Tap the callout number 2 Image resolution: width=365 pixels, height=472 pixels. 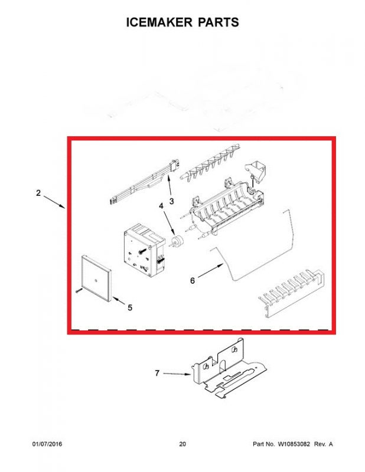click(x=38, y=194)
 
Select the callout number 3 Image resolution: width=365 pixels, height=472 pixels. click(x=171, y=201)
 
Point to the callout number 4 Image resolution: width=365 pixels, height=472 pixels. click(x=161, y=206)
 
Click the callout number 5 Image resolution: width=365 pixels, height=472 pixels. click(x=130, y=307)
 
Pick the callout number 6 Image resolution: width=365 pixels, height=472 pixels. click(x=193, y=281)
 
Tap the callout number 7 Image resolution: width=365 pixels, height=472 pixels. click(x=157, y=373)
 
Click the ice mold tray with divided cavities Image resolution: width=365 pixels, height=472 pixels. click(x=224, y=207)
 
